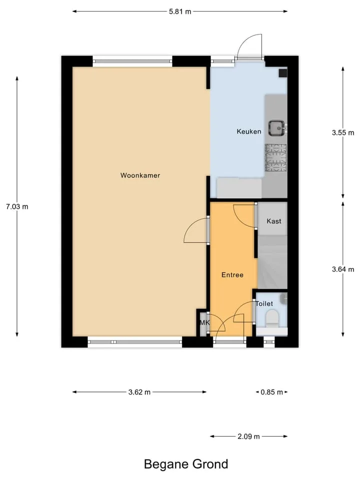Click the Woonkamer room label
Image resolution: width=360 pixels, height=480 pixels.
coord(140,175)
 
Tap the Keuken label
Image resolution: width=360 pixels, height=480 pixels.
coord(249,131)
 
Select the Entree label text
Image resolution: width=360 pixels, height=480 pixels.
coord(232,275)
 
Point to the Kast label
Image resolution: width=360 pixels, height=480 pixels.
coord(273,221)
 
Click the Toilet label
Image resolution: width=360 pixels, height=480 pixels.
coord(264,303)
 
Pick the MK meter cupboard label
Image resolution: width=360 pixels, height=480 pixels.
coord(204,322)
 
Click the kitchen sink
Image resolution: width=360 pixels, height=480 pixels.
coord(277,128)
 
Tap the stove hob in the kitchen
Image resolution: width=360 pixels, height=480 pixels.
coord(276,157)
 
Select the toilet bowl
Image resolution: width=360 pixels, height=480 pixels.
coord(272,318)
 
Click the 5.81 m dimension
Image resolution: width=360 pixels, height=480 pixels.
coord(180,11)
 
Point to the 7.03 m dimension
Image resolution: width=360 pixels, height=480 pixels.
coord(17,206)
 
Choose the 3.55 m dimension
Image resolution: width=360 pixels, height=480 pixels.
coord(343,132)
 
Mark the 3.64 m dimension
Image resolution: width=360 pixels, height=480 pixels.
coord(343,269)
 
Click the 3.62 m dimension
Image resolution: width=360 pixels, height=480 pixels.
coord(139,392)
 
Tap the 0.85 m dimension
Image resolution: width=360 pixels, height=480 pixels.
coord(272,392)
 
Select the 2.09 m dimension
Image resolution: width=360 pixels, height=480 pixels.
coord(248,436)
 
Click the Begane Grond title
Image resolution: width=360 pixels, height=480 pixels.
coord(186,464)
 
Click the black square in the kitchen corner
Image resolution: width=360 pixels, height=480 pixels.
coord(283,73)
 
